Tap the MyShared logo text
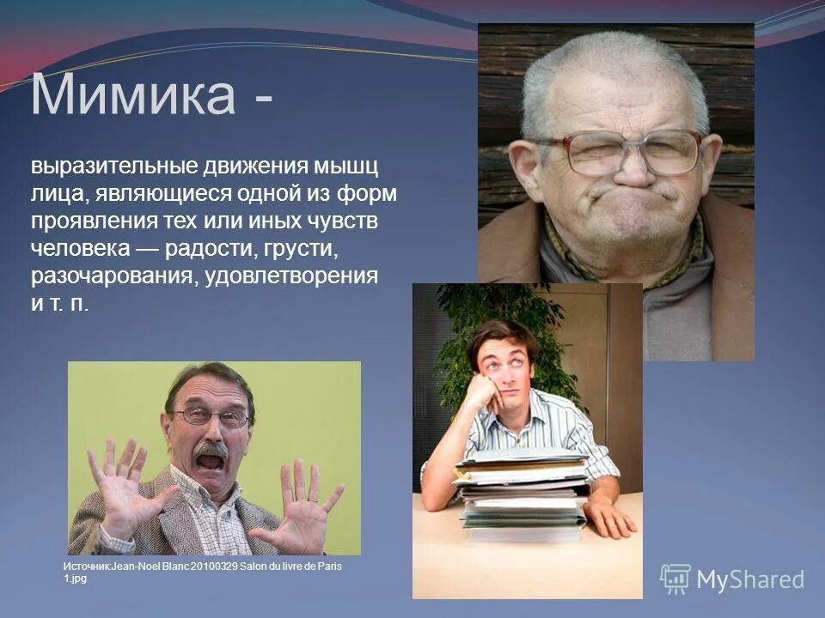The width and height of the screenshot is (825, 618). [750, 580]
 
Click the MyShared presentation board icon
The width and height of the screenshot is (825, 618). [675, 579]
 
